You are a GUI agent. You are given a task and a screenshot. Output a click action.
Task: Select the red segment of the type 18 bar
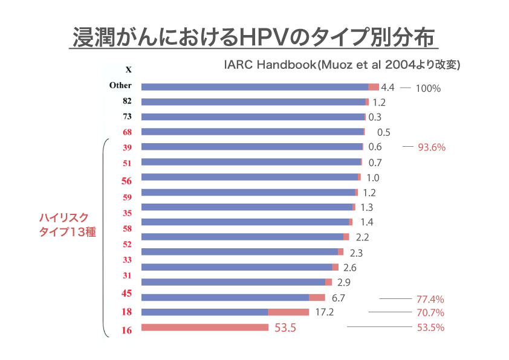click(288, 312)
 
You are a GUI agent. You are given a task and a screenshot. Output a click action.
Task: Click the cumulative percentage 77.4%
click(430, 299)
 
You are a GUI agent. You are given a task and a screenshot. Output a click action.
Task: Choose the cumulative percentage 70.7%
click(430, 313)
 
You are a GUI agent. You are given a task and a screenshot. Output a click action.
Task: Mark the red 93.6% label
click(432, 147)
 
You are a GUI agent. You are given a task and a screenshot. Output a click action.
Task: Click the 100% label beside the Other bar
click(428, 88)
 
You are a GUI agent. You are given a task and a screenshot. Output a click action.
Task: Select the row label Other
click(120, 86)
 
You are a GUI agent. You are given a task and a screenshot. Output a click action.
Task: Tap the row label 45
click(127, 294)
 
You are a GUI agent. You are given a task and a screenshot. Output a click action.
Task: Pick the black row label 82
click(127, 101)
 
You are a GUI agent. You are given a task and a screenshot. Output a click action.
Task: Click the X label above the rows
click(128, 69)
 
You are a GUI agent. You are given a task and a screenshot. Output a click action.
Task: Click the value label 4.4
click(388, 88)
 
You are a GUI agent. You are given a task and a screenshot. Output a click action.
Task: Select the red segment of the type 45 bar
click(317, 297)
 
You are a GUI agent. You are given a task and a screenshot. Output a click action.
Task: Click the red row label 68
click(127, 132)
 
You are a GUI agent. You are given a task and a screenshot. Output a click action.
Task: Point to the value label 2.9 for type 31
click(345, 282)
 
